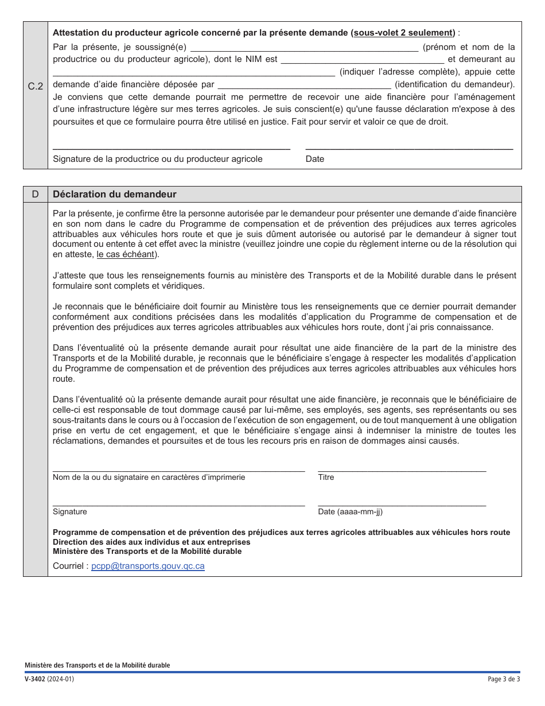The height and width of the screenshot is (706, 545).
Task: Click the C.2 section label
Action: [x=36, y=87]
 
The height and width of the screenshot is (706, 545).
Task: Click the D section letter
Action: [x=36, y=194]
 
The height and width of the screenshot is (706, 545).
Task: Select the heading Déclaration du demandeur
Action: [x=115, y=194]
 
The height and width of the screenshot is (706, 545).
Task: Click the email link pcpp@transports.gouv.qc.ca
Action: [x=148, y=566]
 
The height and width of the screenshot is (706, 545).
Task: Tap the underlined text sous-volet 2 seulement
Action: [x=404, y=33]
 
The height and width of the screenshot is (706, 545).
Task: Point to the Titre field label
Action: [x=326, y=477]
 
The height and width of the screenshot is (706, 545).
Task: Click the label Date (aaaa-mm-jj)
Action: [x=350, y=511]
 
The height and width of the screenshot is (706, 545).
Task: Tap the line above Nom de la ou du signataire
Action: [x=178, y=470]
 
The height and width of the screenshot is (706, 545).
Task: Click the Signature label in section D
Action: [x=70, y=511]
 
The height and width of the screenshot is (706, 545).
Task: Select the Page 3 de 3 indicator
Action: [x=504, y=680]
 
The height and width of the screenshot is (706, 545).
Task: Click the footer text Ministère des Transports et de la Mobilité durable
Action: [x=97, y=665]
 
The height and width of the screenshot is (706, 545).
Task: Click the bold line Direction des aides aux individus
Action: [x=151, y=542]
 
